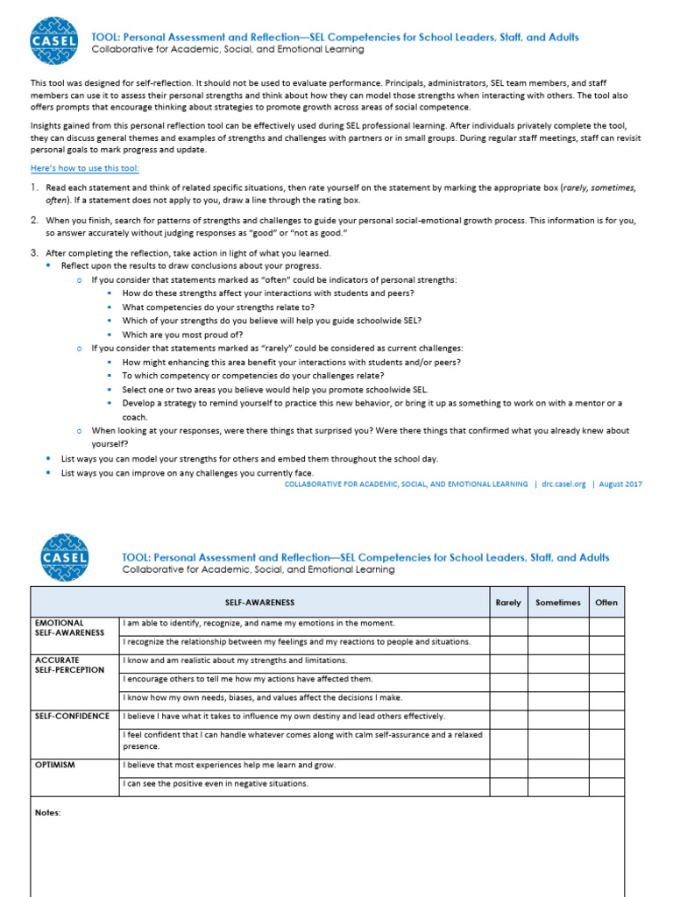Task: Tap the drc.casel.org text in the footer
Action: coord(563,484)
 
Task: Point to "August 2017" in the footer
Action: coord(620,484)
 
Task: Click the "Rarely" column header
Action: coord(508,602)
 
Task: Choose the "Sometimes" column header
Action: coord(557,602)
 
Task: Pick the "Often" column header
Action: coord(606,602)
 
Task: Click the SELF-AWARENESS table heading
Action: coord(259,602)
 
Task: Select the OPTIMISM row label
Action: coord(54,765)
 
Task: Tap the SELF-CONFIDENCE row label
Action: coord(72,716)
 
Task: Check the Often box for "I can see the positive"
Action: coord(606,784)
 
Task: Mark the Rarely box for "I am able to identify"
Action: coord(508,624)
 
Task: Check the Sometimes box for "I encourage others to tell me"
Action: coord(557,679)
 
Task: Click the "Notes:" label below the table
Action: coord(48,813)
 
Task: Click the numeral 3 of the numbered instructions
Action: coord(33,252)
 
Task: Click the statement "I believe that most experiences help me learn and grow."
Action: coord(230,765)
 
